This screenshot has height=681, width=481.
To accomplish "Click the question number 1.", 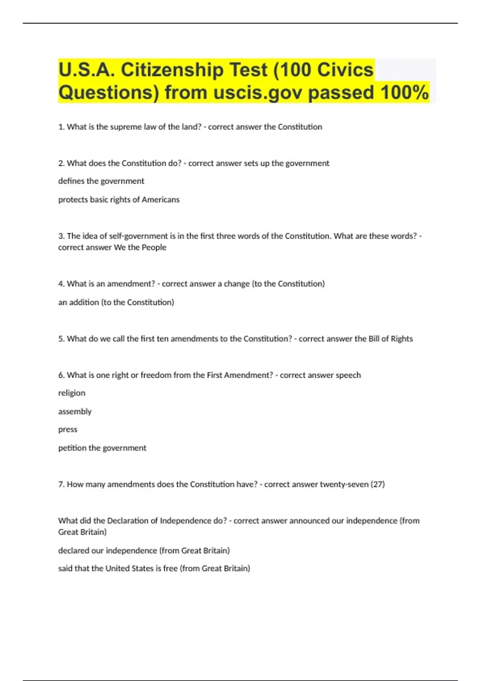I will click(61, 127).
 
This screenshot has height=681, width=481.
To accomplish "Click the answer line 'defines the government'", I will click(101, 181).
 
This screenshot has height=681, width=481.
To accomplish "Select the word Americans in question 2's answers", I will click(160, 199).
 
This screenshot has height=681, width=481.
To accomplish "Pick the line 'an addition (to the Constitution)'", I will click(116, 302).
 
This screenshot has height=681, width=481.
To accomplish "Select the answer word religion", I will click(72, 393).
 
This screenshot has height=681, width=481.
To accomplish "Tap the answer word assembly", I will click(75, 411).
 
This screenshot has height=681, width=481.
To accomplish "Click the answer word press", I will click(68, 429).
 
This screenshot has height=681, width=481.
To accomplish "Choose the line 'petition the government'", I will click(102, 448).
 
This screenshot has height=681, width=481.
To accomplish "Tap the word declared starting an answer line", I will click(74, 550).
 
